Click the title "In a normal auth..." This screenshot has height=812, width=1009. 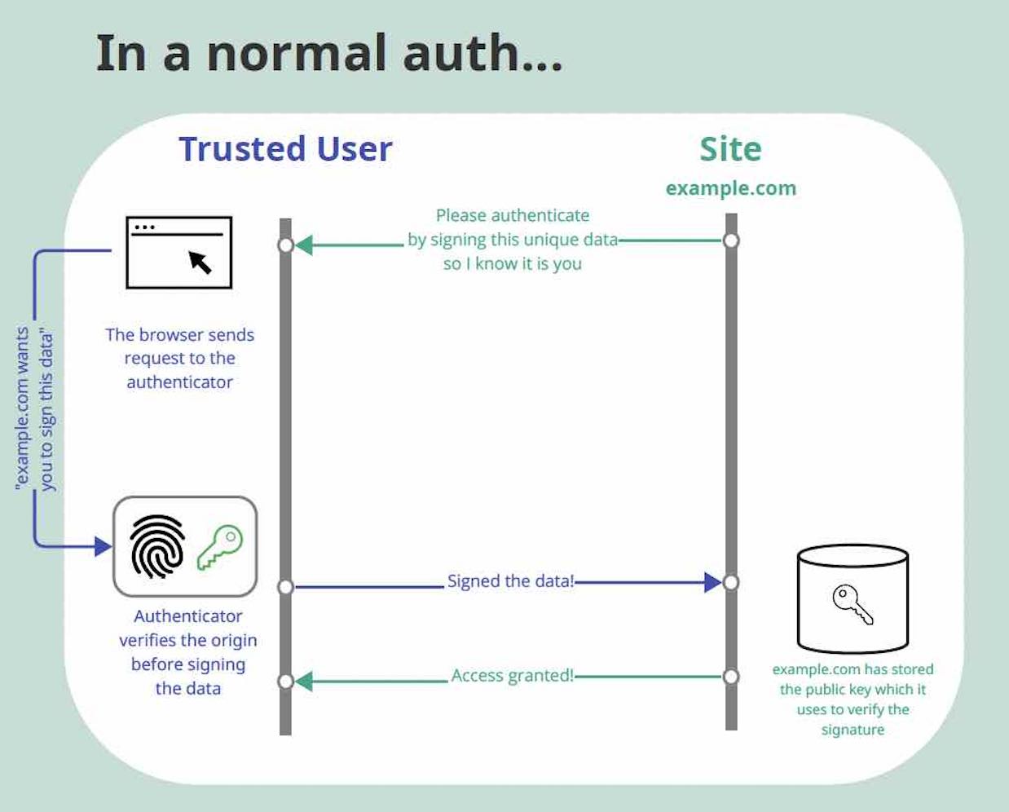click(329, 54)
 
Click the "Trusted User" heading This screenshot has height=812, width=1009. click(285, 149)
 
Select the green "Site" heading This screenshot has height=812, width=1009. click(730, 149)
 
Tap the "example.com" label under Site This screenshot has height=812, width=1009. click(730, 188)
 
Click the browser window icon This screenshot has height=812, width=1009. click(179, 253)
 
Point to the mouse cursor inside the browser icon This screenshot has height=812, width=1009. click(200, 262)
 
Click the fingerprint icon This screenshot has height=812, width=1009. click(157, 545)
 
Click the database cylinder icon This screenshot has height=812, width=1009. click(853, 598)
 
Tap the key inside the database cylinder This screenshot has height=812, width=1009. click(853, 604)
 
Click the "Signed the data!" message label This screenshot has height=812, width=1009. click(510, 581)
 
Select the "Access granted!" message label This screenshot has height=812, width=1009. click(512, 676)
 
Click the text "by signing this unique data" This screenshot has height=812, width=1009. click(513, 240)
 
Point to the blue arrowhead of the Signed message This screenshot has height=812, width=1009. click(712, 582)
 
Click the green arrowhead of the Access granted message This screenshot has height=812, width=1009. click(304, 681)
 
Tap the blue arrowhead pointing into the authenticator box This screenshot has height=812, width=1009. click(103, 545)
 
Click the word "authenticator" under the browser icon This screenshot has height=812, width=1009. click(179, 382)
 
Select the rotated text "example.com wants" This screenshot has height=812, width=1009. click(23, 408)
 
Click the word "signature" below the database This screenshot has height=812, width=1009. click(853, 730)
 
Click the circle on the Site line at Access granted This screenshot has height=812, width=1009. click(731, 677)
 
